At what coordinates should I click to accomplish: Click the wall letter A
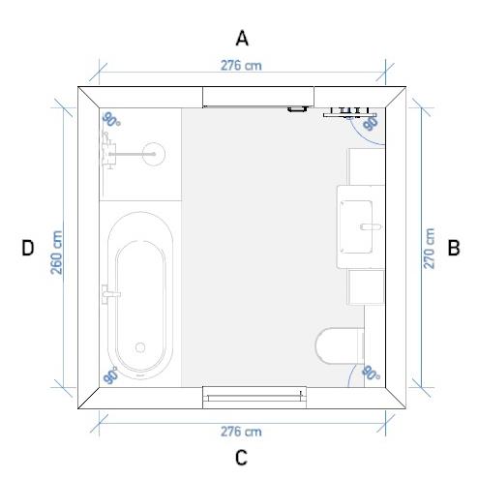[x=242, y=38]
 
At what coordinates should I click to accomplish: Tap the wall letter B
[x=453, y=248]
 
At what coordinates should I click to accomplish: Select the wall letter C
[x=241, y=457]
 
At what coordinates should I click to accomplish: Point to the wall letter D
[x=27, y=248]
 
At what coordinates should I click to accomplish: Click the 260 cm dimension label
[x=56, y=253]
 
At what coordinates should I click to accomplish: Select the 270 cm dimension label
[x=429, y=249]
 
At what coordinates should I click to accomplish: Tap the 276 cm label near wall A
[x=241, y=66]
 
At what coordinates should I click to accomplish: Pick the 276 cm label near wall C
[x=241, y=432]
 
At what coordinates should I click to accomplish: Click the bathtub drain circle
[x=140, y=347]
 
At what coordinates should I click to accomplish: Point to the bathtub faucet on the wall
[x=110, y=293]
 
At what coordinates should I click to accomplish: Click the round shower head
[x=154, y=154]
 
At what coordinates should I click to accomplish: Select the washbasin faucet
[x=371, y=226]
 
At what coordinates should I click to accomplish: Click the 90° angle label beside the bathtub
[x=110, y=375]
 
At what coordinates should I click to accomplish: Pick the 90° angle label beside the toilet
[x=371, y=374]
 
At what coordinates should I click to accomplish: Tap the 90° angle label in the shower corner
[x=111, y=120]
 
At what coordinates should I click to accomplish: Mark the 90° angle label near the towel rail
[x=371, y=123]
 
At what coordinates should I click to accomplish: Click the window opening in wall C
[x=254, y=397]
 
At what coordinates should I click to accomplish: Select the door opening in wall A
[x=258, y=97]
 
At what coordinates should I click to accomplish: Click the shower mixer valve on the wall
[x=108, y=151]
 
